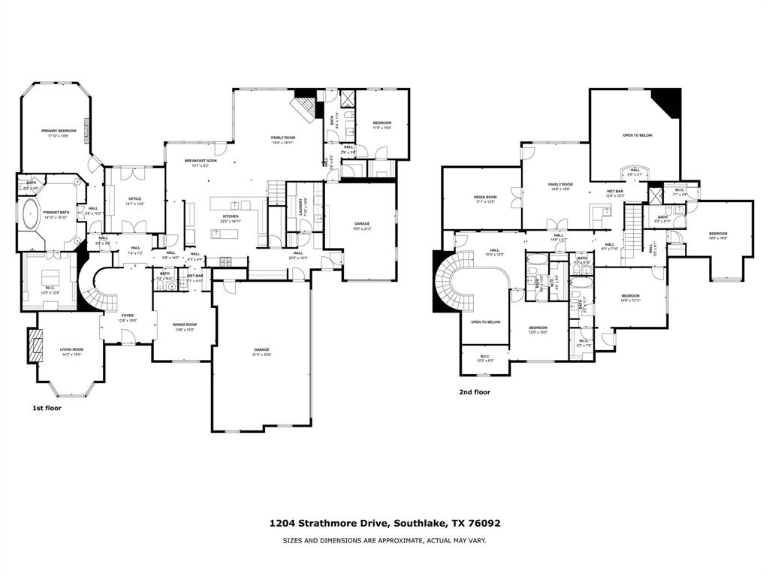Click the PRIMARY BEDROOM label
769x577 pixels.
click(58, 131)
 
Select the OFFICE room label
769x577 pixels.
click(134, 199)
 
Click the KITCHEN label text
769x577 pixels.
click(230, 216)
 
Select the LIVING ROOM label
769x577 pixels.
click(72, 349)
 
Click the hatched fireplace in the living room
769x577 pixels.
click(35, 346)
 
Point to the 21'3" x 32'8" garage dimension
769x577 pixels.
click(261, 355)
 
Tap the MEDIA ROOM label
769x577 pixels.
click(484, 198)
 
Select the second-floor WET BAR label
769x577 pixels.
click(615, 192)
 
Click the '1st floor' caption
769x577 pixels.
click(47, 408)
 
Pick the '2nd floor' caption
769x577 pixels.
click(475, 391)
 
